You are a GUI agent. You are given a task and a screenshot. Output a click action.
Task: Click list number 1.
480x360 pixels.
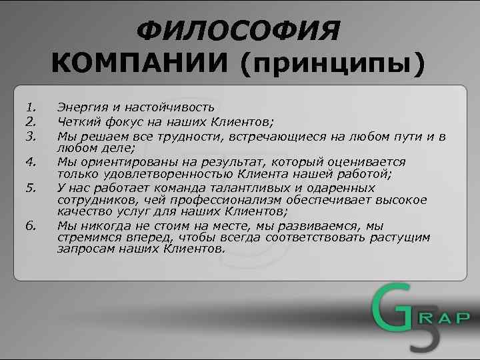click(x=30, y=107)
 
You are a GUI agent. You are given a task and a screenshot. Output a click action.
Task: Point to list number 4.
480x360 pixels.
click(x=30, y=161)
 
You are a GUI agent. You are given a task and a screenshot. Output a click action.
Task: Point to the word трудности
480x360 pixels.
click(x=198, y=137)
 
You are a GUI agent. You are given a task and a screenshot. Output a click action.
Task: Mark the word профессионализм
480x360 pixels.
click(x=242, y=200)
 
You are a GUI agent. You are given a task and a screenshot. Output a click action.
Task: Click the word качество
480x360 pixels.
click(x=81, y=212)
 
